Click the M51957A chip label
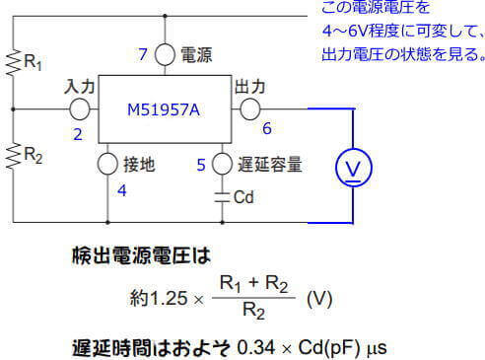click(164, 110)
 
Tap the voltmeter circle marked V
click(352, 170)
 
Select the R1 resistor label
click(33, 64)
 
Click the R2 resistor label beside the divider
click(33, 155)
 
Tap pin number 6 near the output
click(266, 129)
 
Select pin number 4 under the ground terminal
click(122, 190)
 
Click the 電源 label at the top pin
click(195, 53)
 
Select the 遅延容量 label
click(260, 166)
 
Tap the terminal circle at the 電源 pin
click(166, 54)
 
